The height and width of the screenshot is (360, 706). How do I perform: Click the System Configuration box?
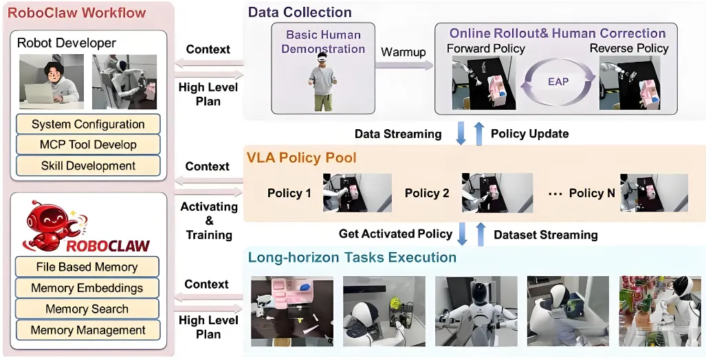click(x=88, y=124)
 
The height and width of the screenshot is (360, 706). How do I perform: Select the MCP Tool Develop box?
click(x=88, y=145)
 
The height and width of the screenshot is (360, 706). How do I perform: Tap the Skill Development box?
click(x=88, y=166)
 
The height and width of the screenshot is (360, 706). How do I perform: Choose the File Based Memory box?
click(x=87, y=267)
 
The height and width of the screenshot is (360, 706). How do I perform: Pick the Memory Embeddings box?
click(x=87, y=288)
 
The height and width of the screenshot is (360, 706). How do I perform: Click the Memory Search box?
click(x=87, y=309)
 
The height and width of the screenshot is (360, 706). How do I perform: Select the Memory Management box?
click(x=87, y=330)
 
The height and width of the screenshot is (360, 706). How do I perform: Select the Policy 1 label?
click(x=289, y=193)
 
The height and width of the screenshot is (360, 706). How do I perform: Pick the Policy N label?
click(x=591, y=193)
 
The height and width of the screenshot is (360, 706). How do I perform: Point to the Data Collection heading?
click(x=300, y=12)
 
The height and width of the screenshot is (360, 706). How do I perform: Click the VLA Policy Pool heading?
click(x=302, y=158)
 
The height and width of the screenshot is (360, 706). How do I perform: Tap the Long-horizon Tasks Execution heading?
click(x=352, y=258)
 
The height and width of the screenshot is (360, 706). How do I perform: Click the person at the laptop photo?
click(x=51, y=81)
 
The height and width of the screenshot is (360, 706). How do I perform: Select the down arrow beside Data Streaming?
click(x=463, y=133)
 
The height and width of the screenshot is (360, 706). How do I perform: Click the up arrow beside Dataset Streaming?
click(x=480, y=234)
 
